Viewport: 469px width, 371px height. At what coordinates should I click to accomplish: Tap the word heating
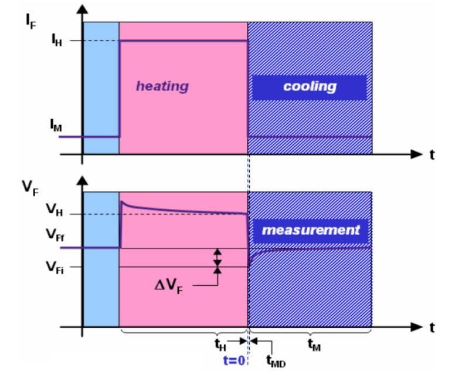coord(162,86)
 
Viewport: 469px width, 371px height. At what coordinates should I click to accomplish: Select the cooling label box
coord(310,87)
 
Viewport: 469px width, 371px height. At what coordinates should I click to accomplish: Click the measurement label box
coord(310,230)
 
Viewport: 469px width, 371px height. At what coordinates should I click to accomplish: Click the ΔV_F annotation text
coord(171,286)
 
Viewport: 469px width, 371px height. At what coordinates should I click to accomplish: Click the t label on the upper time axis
coord(432,155)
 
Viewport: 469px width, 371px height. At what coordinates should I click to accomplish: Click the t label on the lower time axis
coord(432,328)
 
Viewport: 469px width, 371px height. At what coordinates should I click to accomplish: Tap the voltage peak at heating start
coord(122,202)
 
